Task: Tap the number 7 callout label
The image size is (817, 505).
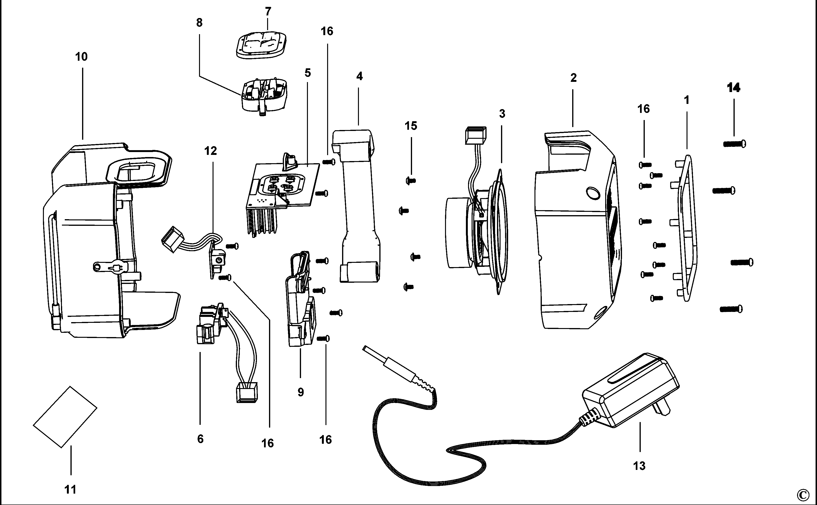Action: (268, 12)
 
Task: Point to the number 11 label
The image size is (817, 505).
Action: (70, 490)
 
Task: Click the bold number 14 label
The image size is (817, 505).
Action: (733, 88)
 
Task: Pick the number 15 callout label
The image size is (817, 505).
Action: (411, 126)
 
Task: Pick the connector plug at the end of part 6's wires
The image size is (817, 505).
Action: (247, 392)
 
